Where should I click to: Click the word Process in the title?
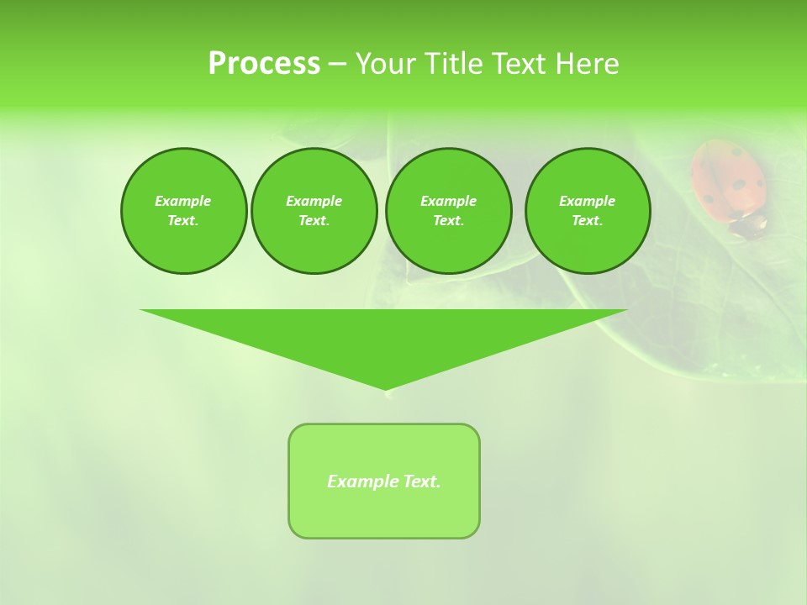click(264, 63)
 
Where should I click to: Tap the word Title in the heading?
click(453, 63)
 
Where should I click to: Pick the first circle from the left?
click(183, 211)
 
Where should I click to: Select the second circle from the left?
click(314, 211)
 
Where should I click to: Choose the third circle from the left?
click(448, 211)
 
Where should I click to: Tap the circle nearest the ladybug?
click(588, 211)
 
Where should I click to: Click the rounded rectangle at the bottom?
click(384, 481)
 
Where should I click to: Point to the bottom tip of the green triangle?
click(386, 389)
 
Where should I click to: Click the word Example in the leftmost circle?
click(183, 201)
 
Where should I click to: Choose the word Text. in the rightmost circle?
click(588, 221)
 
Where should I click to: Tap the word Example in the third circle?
click(448, 201)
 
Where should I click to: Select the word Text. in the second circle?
click(314, 221)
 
